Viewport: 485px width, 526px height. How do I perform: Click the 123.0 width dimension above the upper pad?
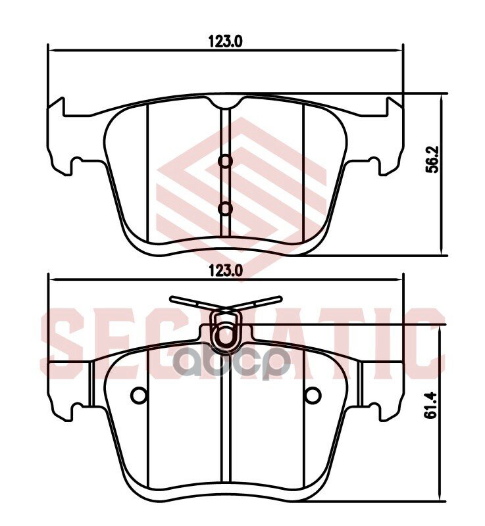[226, 41]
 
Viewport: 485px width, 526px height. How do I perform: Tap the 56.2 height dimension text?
[432, 160]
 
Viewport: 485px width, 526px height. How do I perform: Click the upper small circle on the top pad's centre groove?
[225, 161]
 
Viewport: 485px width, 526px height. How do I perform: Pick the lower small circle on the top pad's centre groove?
[225, 208]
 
